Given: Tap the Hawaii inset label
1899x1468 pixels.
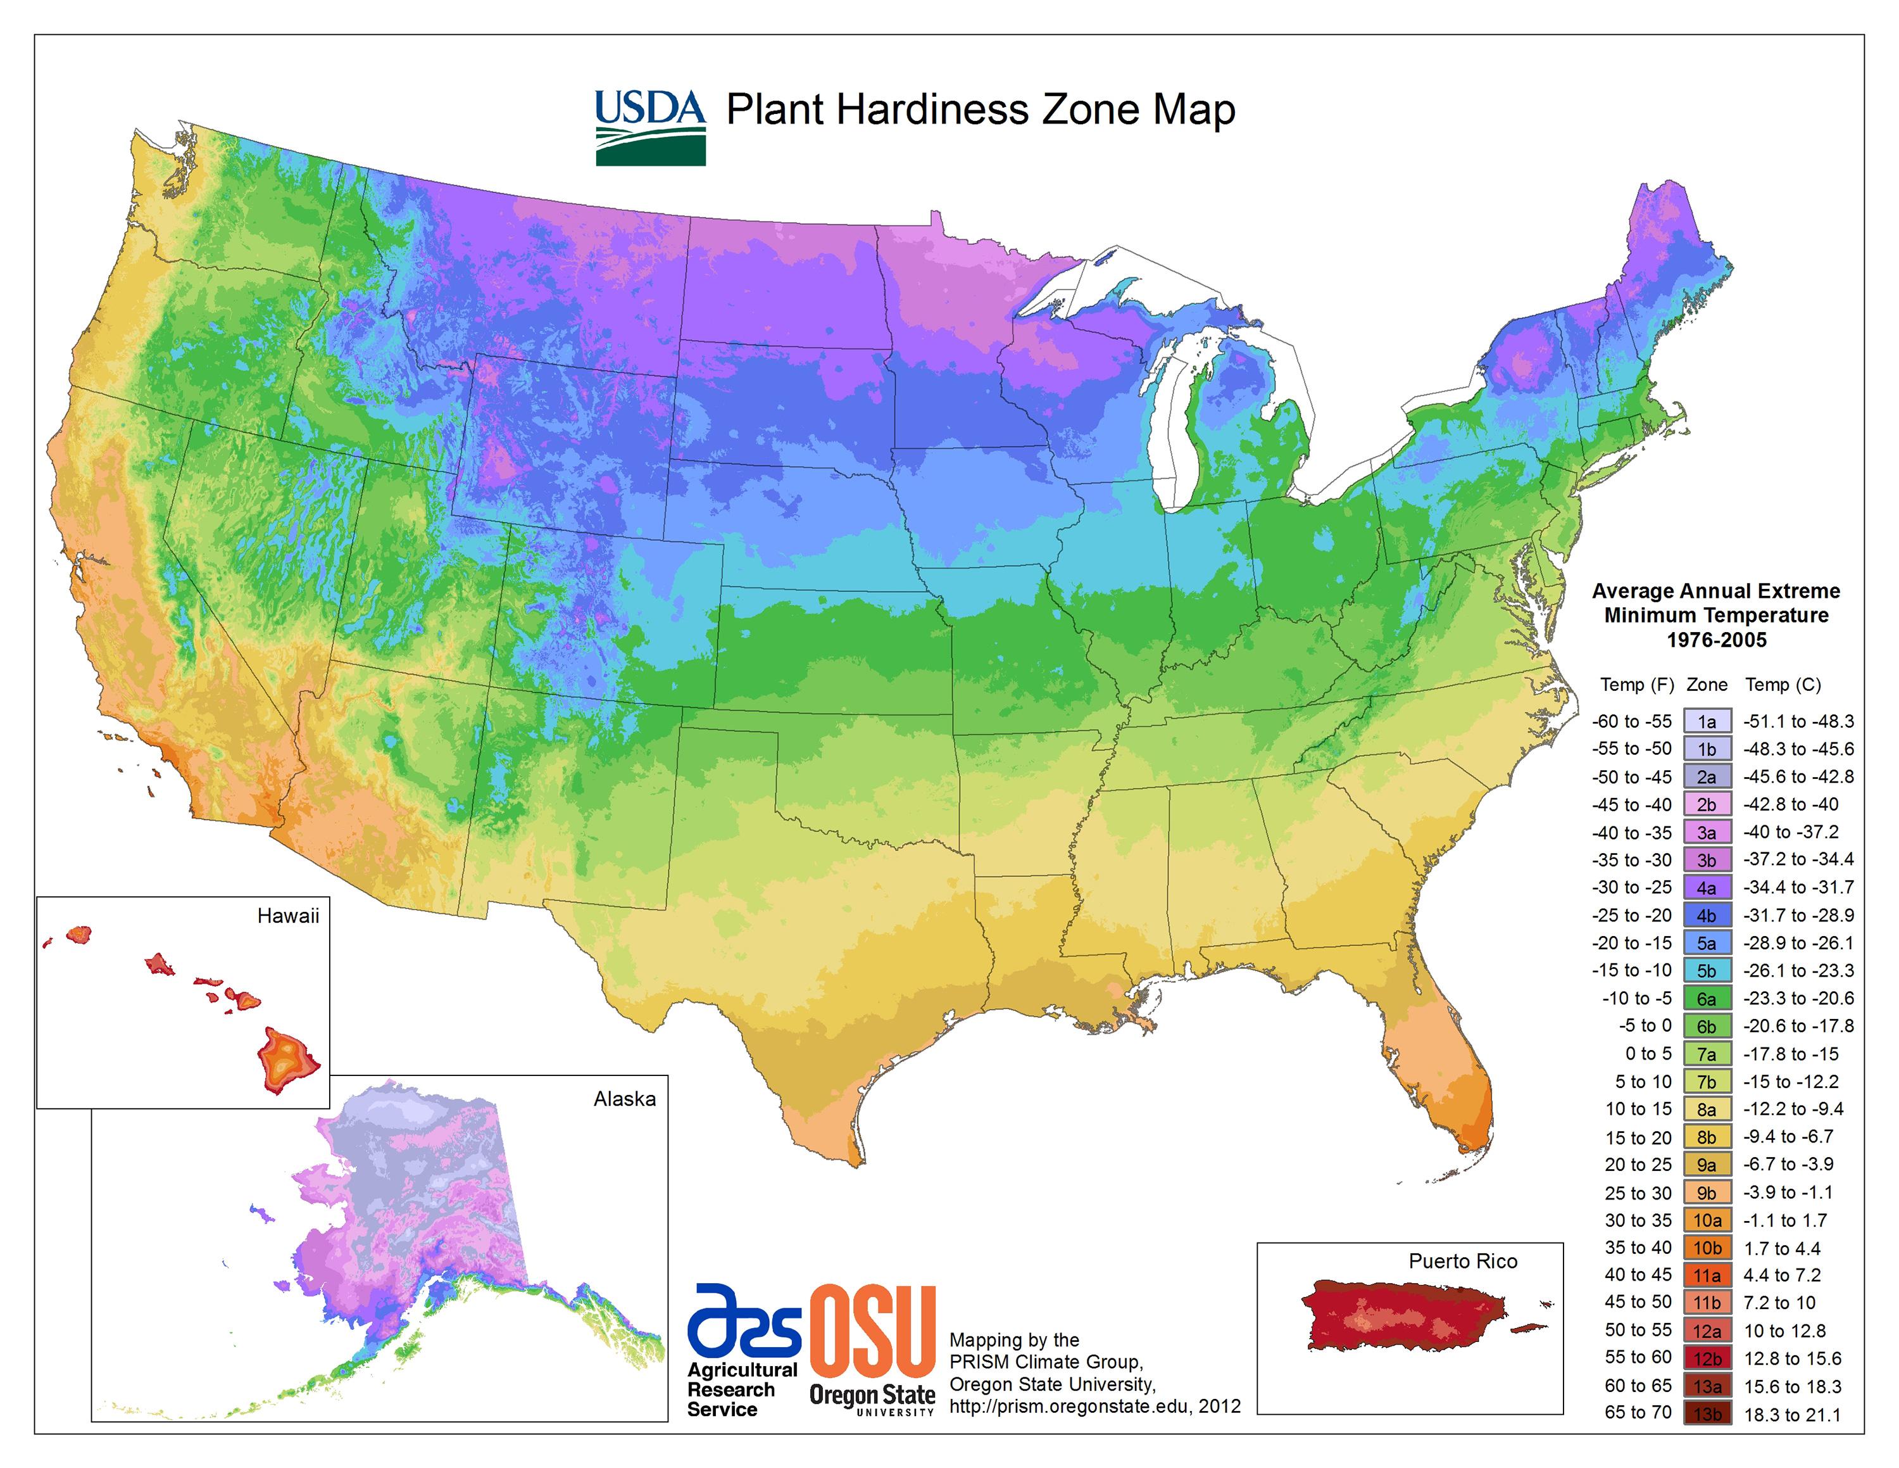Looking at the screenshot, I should click(x=288, y=916).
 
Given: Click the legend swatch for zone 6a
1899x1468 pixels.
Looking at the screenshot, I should click(x=1706, y=998).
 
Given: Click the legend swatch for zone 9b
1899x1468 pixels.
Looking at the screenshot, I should click(x=1706, y=1193).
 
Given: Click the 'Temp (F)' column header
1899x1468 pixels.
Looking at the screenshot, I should click(x=1636, y=685).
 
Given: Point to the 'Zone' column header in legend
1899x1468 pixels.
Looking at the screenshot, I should click(x=1706, y=685).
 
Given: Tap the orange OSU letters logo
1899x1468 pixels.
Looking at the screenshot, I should click(x=872, y=1333).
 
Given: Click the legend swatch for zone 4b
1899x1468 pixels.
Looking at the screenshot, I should click(x=1706, y=916).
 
